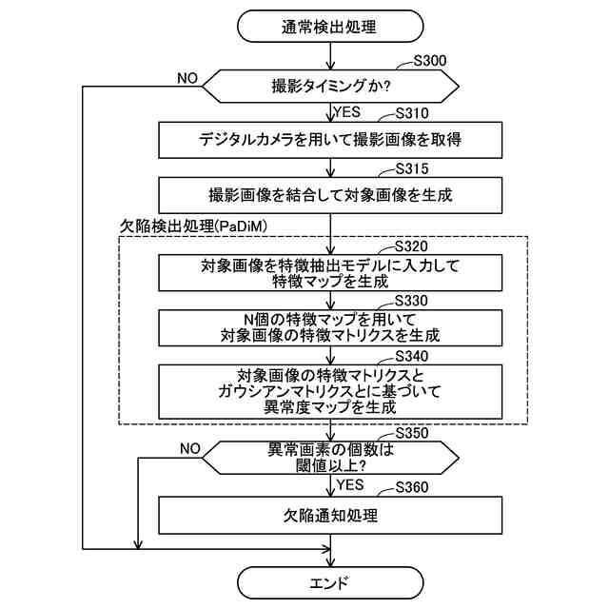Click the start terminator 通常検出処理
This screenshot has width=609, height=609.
[x=329, y=27]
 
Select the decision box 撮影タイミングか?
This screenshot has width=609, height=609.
[x=329, y=86]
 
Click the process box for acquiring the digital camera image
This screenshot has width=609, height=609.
[x=329, y=140]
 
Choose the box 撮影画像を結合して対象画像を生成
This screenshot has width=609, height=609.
[x=329, y=196]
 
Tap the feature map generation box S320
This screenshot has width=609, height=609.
[x=329, y=273]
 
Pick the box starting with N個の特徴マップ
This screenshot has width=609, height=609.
[x=329, y=326]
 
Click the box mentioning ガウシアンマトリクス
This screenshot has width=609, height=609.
[x=329, y=390]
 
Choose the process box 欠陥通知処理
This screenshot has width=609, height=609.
[x=329, y=517]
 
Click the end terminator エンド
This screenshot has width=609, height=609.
[x=329, y=582]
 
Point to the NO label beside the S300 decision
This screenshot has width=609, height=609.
[x=187, y=77]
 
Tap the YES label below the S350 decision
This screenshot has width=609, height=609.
[x=350, y=484]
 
